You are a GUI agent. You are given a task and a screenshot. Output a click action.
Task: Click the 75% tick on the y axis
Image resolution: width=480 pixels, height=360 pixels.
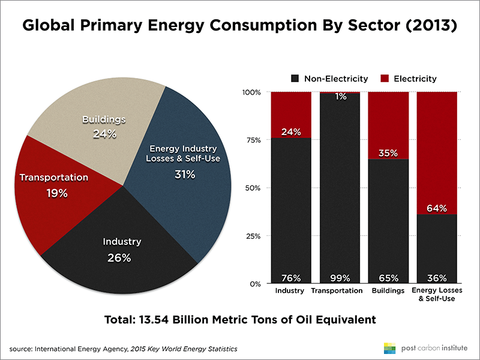[x=251, y=140]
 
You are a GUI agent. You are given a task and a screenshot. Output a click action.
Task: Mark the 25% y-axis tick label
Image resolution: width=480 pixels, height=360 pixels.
[x=251, y=236]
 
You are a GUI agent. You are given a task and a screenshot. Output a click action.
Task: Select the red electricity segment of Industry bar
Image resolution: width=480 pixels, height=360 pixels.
[x=291, y=114]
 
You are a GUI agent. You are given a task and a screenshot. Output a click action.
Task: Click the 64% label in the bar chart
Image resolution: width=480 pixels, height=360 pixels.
[x=436, y=208]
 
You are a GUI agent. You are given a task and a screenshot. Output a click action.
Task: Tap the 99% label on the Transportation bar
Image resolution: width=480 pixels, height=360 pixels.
[x=339, y=278]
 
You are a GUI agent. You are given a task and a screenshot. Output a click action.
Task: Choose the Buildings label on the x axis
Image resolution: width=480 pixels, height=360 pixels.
[x=388, y=291]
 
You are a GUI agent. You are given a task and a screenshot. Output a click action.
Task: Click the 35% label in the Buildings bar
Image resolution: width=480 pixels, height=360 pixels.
[x=388, y=152]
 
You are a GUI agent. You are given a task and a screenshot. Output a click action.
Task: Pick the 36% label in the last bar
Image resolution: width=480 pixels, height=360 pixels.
[x=436, y=278]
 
